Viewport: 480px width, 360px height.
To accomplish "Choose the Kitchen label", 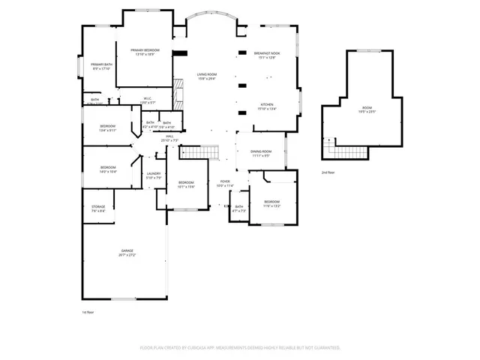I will [x=267, y=106].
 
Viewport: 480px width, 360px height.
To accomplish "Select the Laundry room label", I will [x=154, y=175].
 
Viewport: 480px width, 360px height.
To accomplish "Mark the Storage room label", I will [x=98, y=208].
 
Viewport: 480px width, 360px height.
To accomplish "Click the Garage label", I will [x=127, y=252].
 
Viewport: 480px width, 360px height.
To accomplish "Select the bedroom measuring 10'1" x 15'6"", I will [x=186, y=184].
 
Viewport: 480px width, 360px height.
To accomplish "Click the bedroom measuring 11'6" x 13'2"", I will [x=271, y=203].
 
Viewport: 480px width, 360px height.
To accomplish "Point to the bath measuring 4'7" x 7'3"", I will [x=238, y=208].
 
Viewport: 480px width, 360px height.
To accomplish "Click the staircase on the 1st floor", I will [x=200, y=152].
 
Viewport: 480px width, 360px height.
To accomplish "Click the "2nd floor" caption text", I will [x=328, y=172].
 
